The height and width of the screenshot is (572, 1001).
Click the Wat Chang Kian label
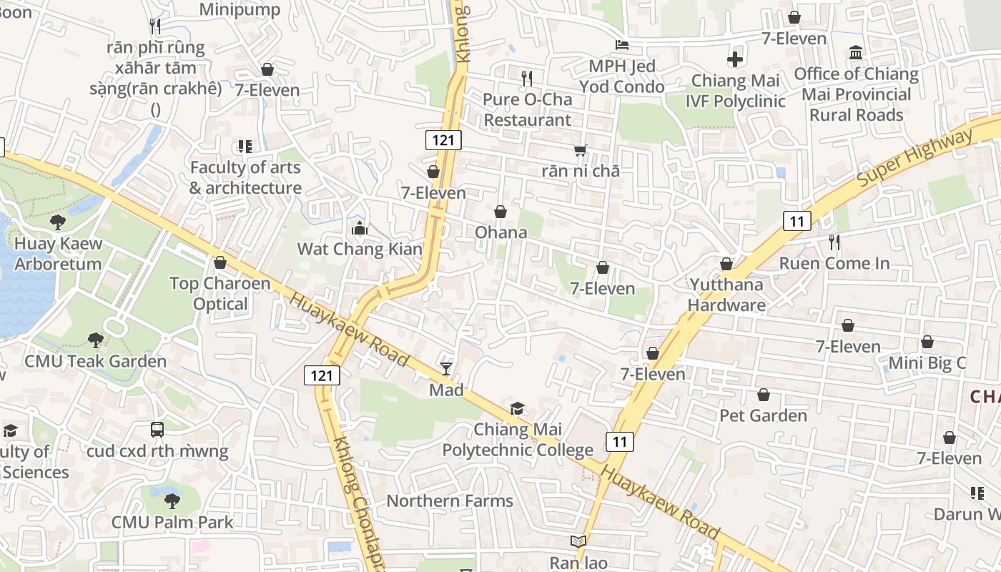coord(360,250)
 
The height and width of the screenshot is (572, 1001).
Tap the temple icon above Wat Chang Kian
coord(360,229)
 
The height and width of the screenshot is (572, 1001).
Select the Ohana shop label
coord(500,232)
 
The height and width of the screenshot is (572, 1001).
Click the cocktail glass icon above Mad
coord(446,368)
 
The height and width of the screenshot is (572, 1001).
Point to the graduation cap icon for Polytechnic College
coord(517,408)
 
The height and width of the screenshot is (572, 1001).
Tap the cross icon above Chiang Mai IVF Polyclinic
coord(735,59)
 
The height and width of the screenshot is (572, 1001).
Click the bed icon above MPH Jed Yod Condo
coord(622,45)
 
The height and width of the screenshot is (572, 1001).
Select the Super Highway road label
coord(915,160)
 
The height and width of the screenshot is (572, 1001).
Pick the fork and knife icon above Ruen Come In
coord(834,242)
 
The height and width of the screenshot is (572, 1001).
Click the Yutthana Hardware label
coord(726,295)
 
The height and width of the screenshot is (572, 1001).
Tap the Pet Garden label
coord(763,415)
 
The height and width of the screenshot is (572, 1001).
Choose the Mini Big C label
coord(927,363)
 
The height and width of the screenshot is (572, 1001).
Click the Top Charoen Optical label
coord(220,294)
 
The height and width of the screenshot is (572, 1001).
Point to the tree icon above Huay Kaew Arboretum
coord(58,222)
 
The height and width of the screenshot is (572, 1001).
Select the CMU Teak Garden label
coord(95,361)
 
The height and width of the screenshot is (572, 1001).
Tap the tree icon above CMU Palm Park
coord(172,500)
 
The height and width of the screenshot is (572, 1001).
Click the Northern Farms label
coord(450,500)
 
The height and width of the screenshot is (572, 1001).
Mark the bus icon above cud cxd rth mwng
coord(157,430)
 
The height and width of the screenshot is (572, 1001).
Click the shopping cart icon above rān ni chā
coord(580,150)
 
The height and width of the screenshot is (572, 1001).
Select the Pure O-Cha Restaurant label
coord(528,109)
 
